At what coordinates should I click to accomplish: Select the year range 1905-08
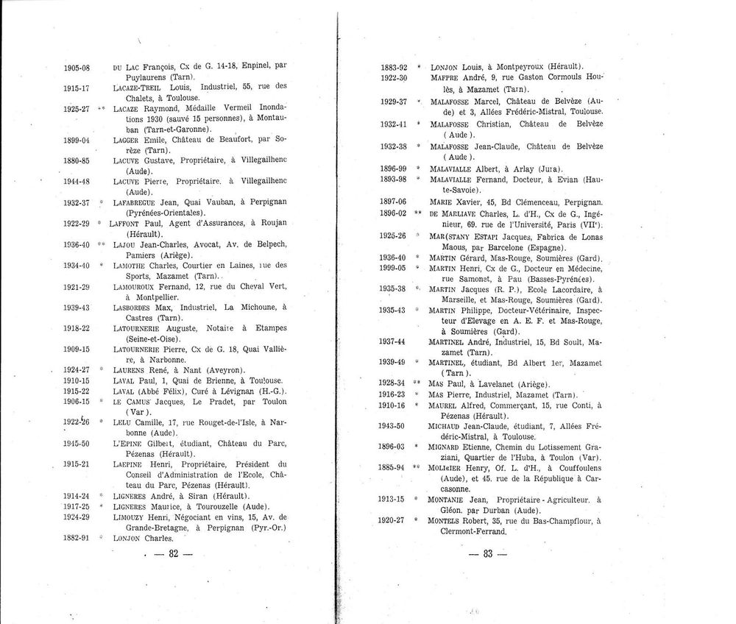coord(77,66)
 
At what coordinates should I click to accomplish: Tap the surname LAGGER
coord(129,140)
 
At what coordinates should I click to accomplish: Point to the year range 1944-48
coord(77,181)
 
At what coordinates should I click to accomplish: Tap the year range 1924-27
coord(77,369)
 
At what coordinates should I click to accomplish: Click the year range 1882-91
coord(77,538)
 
